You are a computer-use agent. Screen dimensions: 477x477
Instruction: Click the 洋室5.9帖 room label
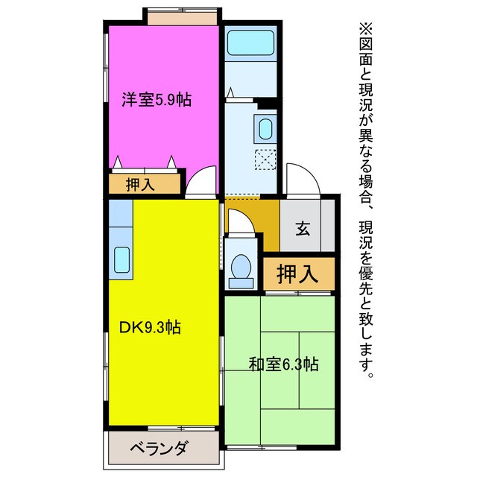(x=157, y=99)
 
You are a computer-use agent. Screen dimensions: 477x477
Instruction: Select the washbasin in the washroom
(x=265, y=129)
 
